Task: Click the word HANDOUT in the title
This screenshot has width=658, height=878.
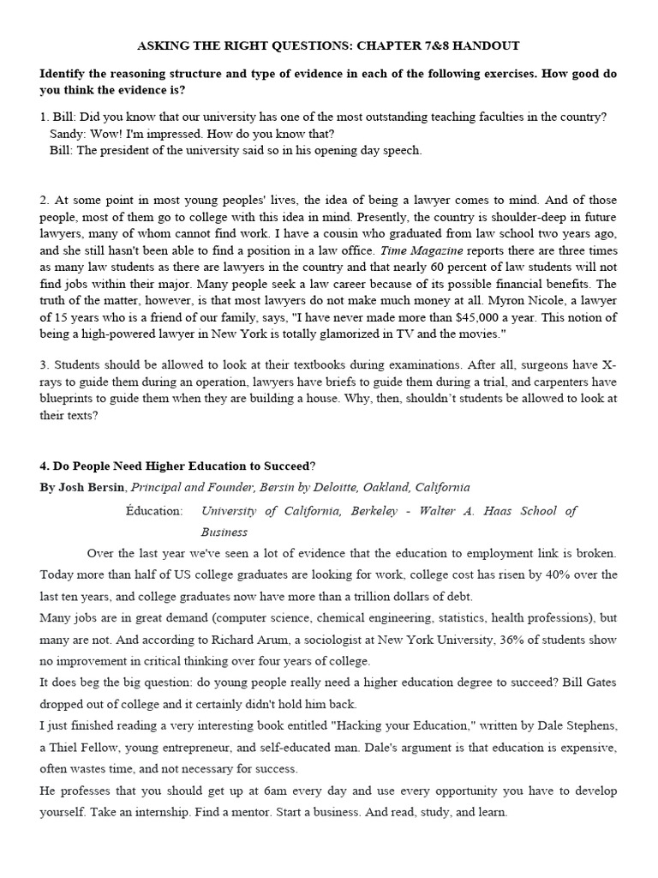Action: pos(489,45)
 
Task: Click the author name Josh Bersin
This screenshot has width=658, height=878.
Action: pos(94,487)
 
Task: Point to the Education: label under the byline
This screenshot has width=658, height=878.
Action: pos(155,511)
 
